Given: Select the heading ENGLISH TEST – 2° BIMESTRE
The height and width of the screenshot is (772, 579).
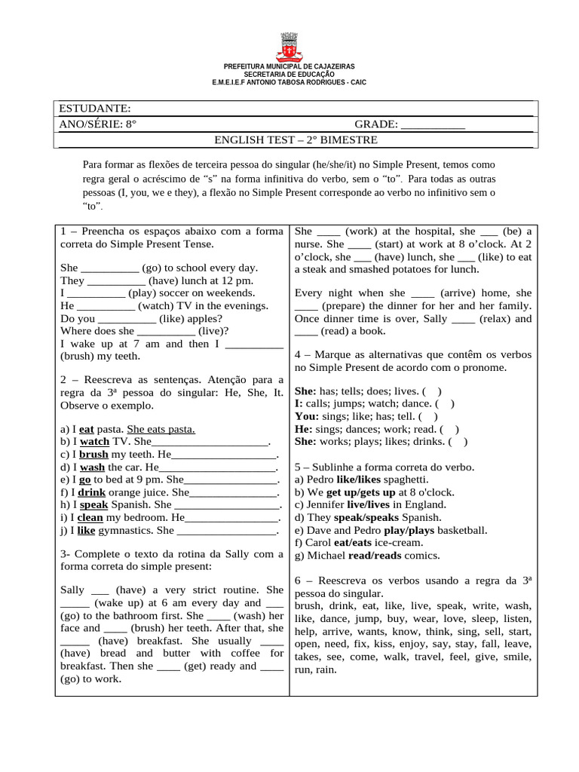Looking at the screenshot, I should click(x=296, y=140).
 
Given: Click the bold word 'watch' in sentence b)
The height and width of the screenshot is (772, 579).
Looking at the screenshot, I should click(x=95, y=442).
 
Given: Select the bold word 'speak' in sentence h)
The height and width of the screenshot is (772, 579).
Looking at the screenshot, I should click(x=94, y=505).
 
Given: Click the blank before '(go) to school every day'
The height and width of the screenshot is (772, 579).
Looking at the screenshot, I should click(x=109, y=268).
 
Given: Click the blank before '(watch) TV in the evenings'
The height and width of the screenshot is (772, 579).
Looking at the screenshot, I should click(x=106, y=306).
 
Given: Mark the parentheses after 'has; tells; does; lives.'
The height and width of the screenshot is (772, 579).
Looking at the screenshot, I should click(x=433, y=391).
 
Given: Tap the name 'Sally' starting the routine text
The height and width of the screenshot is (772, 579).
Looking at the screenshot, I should click(x=72, y=590).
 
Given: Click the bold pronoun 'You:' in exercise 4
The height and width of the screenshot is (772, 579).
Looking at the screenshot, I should click(x=308, y=415).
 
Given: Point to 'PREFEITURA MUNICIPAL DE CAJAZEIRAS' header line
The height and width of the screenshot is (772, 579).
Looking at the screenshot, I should click(x=289, y=67).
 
